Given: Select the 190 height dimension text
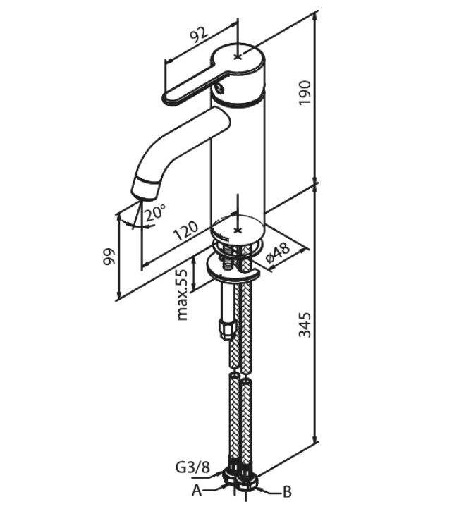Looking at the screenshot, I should (304, 92).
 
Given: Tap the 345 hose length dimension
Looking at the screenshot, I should (304, 324).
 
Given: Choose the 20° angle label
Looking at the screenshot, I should (155, 212).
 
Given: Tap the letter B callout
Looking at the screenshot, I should (287, 491).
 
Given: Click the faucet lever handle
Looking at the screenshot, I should (190, 90).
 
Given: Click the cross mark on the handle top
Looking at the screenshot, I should (240, 55).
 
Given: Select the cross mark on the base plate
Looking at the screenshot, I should (240, 230).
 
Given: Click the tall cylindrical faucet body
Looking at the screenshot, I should (238, 155).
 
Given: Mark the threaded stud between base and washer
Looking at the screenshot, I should (231, 257).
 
